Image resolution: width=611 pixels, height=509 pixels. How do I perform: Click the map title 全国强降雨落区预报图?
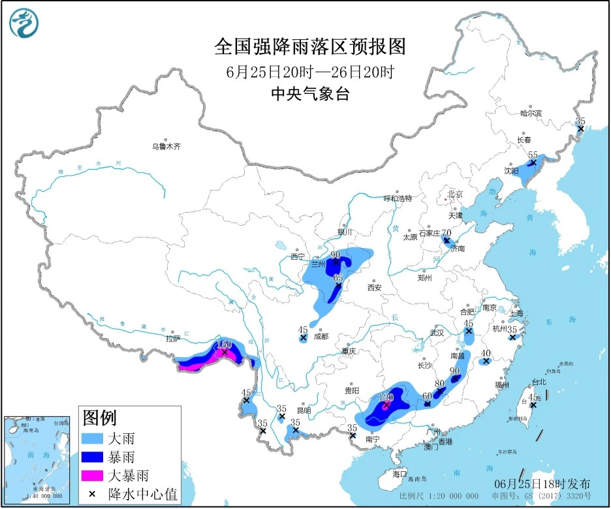tap(310, 47)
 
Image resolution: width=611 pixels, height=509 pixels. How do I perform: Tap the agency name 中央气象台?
tap(310, 94)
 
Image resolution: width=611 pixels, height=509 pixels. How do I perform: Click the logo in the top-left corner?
tap(23, 23)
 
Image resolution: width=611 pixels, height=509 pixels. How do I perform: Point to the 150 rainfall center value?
tap(224, 344)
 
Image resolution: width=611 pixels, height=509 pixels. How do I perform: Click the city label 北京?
tap(454, 194)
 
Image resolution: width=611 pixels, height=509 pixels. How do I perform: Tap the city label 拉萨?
tap(172, 339)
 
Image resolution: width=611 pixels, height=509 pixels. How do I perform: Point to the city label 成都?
tap(321, 337)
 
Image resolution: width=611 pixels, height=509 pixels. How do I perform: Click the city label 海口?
tap(399, 474)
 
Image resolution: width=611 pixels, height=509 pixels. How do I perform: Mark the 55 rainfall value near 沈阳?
tap(533, 155)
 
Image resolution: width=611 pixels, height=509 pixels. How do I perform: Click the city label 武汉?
tap(437, 333)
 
